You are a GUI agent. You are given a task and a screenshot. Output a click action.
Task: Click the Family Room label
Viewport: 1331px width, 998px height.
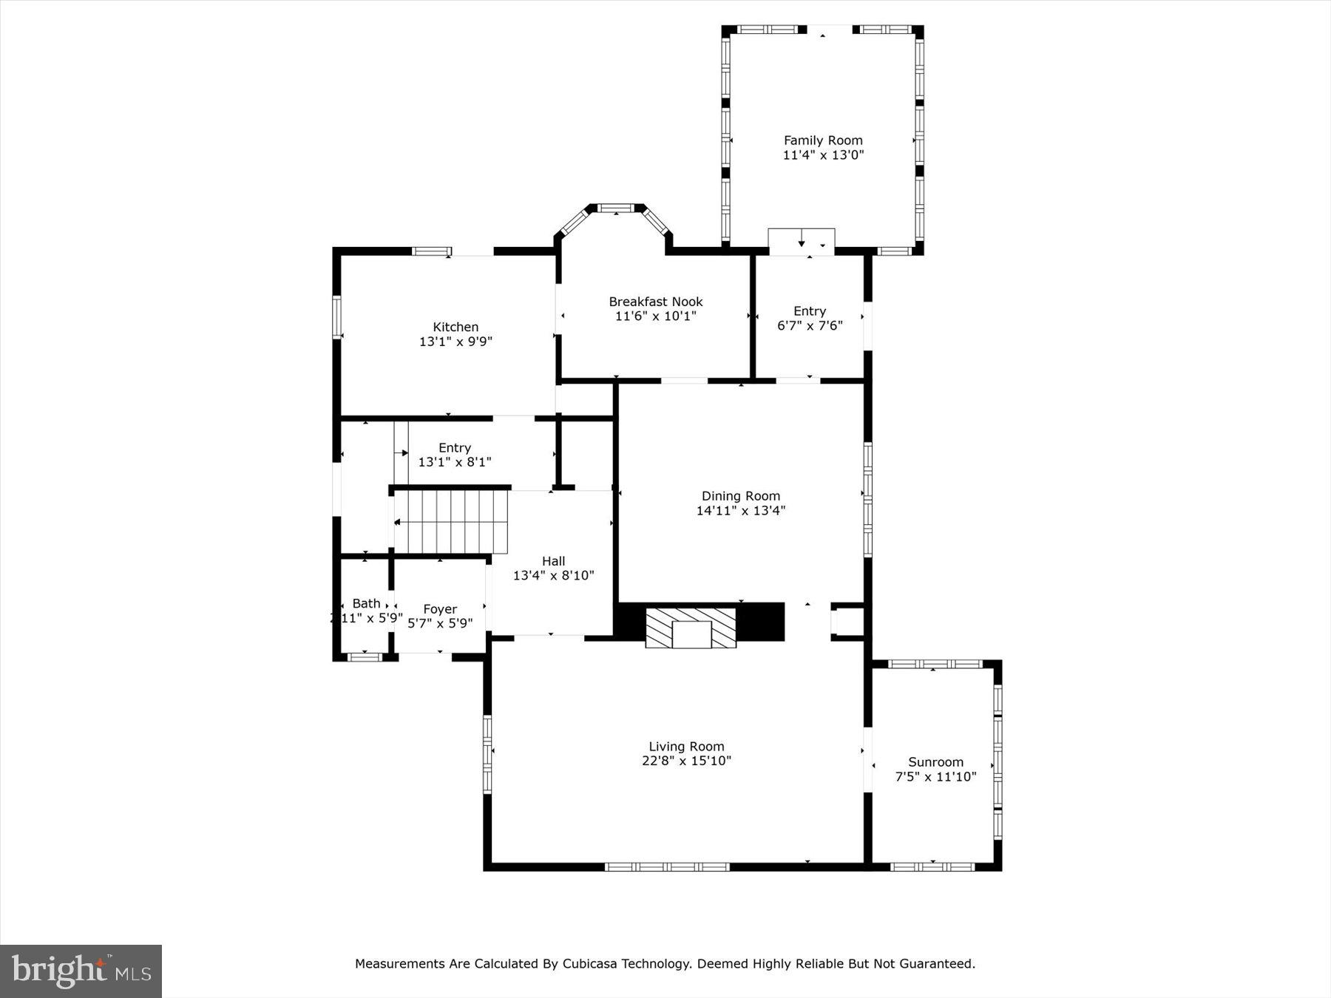823,140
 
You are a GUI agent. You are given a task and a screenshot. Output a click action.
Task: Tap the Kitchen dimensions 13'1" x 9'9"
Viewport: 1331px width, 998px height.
455,342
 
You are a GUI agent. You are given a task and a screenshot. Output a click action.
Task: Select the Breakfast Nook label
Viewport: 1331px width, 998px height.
655,302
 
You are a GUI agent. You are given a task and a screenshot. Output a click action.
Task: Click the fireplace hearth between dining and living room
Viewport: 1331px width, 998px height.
691,628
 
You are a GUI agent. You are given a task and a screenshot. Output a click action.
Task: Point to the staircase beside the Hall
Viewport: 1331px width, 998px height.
451,522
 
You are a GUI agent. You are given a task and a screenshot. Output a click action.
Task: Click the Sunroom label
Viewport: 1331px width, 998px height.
935,762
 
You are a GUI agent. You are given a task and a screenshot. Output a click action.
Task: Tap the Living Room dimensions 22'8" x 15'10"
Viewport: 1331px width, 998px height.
686,761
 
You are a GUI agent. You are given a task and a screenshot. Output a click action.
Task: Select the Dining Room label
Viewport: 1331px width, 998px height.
740,496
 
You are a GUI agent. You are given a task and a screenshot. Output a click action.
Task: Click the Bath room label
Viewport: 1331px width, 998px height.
366,604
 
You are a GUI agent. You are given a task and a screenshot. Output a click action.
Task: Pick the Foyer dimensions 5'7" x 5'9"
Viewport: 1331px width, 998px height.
440,623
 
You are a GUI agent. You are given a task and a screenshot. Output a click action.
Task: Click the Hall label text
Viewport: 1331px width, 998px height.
553,561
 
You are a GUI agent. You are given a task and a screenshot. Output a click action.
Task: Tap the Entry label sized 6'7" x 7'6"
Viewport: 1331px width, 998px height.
809,311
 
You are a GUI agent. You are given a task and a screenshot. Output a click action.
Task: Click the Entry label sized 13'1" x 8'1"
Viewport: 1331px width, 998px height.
454,448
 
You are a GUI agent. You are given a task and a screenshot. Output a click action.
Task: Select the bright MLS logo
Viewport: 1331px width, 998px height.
81,971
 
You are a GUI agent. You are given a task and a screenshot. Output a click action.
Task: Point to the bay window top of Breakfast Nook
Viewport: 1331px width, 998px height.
616,208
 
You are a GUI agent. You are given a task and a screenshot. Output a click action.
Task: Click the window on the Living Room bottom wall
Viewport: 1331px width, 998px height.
667,866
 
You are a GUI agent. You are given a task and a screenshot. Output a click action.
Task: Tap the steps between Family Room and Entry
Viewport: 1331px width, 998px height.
802,242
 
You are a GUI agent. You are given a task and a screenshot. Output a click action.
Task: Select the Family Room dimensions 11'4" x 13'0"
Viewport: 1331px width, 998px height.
823,155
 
